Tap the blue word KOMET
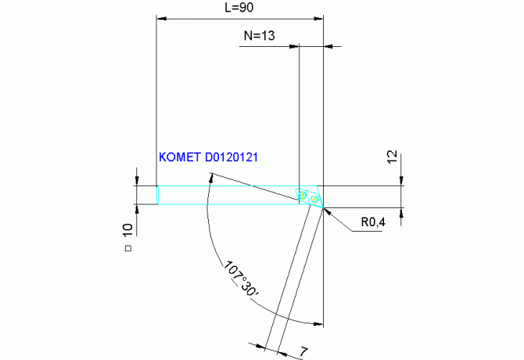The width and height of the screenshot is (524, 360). pos(180,157)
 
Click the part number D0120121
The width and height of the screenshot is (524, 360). pos(232,157)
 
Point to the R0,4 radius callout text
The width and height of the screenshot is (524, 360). pos(373,223)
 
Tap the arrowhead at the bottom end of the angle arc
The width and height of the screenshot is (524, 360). pos(318,323)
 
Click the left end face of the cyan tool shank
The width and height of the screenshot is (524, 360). pos(158,196)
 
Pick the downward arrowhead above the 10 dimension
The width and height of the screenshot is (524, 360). pos(137,182)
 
